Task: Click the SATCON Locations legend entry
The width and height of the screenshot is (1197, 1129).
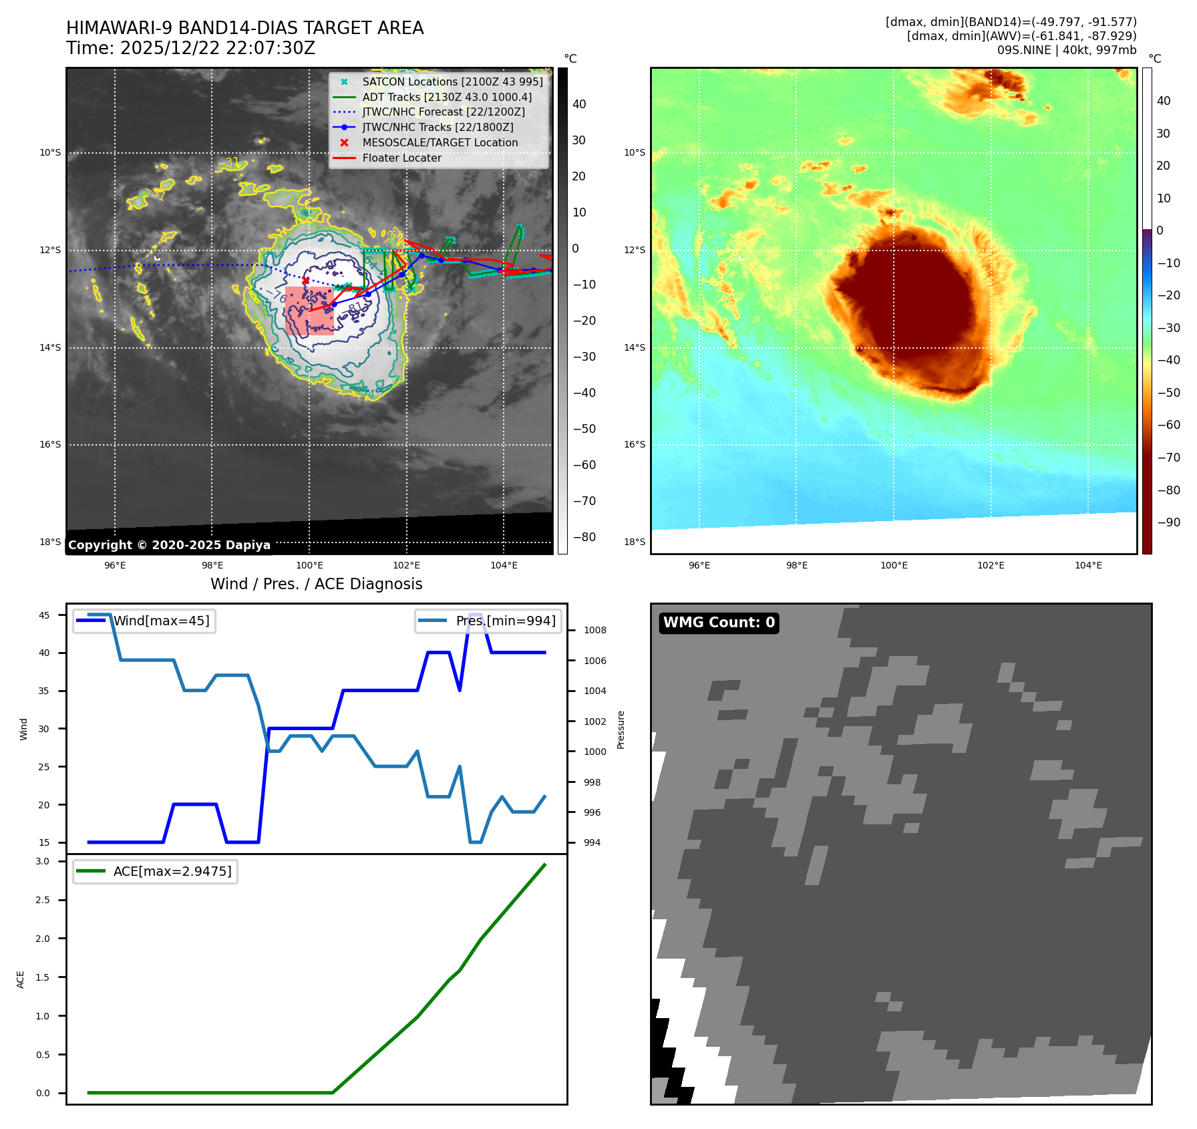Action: click(452, 82)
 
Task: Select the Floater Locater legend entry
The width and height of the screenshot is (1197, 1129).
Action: click(401, 158)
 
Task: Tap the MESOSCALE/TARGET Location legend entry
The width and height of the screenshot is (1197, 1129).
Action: click(440, 142)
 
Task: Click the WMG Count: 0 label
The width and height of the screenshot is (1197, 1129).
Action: click(719, 623)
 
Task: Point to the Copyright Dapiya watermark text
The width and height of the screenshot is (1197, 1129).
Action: click(169, 545)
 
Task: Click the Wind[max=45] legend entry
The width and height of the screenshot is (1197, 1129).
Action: click(161, 621)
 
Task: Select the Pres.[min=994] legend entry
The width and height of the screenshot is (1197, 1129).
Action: click(505, 621)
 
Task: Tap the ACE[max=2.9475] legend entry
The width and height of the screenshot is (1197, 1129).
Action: click(172, 871)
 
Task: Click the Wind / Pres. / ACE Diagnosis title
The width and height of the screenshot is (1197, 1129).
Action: click(316, 584)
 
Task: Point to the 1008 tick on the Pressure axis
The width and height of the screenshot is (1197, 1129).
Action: click(594, 630)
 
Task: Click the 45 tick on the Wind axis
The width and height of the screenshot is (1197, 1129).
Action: click(44, 615)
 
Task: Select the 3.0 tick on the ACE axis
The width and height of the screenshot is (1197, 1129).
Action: click(43, 861)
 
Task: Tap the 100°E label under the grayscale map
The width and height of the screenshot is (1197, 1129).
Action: click(309, 565)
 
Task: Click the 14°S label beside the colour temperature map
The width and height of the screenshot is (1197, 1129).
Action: click(635, 347)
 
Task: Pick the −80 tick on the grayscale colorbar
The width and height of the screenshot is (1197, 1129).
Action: click(584, 537)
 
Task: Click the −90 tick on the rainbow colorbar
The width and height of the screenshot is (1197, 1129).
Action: click(1168, 522)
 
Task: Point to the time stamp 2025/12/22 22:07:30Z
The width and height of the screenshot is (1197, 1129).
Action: click(218, 48)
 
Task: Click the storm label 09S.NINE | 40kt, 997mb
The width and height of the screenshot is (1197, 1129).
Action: click(1066, 50)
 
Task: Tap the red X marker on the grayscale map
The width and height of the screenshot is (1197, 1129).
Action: click(305, 280)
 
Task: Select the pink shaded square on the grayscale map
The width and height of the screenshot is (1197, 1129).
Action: click(309, 311)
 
